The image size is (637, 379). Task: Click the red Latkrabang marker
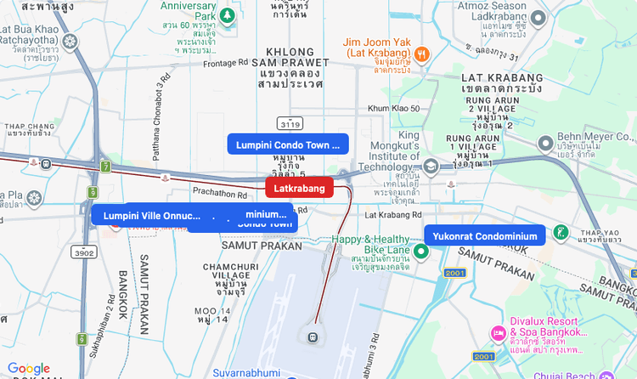pos(299,188)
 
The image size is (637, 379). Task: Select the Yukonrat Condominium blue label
pos(485,235)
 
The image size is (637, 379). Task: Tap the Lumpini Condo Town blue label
pos(288,144)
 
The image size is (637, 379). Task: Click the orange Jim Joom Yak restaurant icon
pos(422,54)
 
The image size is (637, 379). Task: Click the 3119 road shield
pos(288,123)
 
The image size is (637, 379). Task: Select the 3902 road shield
pos(84,252)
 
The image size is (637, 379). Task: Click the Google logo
pos(29,368)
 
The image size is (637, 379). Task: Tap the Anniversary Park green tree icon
pos(227,15)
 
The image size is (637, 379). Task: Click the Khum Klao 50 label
pos(393,108)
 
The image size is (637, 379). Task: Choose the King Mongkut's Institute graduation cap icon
pos(431,166)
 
